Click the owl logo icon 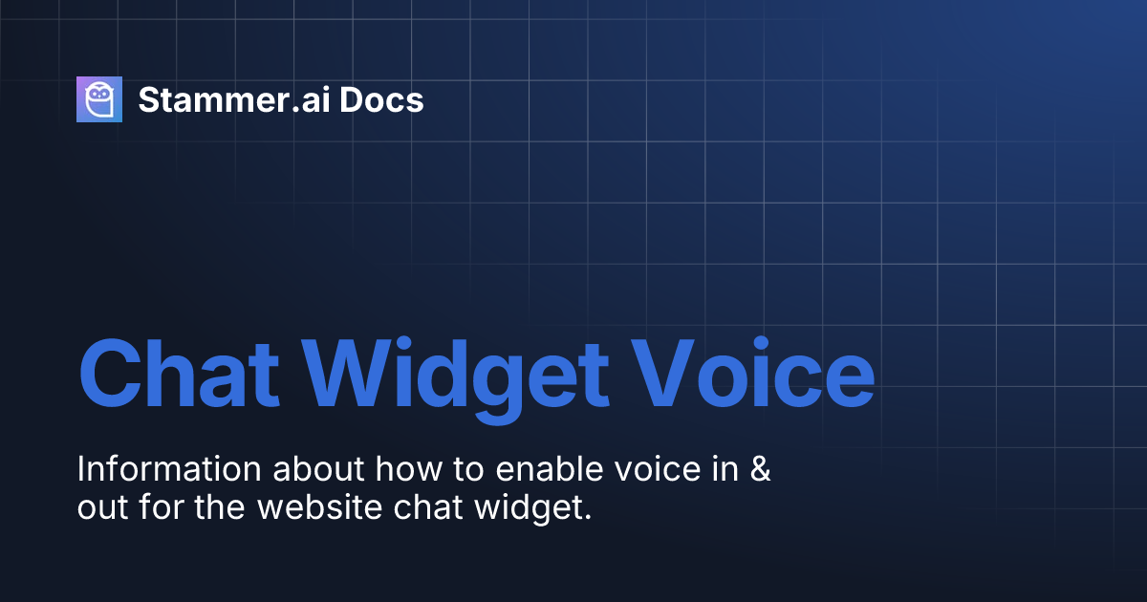coord(99,99)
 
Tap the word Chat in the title coord(180,371)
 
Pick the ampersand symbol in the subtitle coord(761,470)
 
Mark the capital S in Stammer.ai coord(148,99)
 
